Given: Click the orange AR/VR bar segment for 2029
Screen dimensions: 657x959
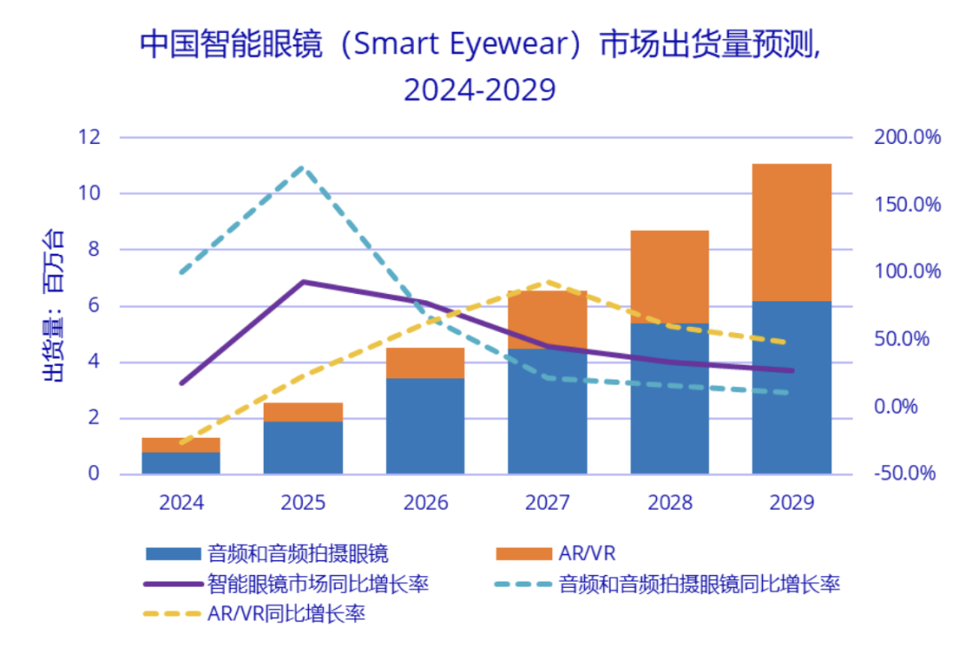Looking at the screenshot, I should (791, 233).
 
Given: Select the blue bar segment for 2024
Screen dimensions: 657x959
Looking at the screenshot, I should (181, 463).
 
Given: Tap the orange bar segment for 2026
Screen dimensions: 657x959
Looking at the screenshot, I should (425, 363).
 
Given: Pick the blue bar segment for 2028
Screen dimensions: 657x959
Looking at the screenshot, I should (670, 399).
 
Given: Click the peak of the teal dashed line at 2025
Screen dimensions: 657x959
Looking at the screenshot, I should (304, 167).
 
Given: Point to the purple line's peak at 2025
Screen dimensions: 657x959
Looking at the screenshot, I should (304, 281).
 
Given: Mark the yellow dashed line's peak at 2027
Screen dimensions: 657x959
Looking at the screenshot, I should (548, 283).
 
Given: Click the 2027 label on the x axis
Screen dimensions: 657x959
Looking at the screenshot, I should (548, 503).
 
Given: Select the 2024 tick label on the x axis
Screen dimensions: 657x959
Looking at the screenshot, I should (181, 503).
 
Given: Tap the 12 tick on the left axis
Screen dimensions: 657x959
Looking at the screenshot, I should (90, 138).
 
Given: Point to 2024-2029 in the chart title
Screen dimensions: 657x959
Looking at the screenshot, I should (479, 90).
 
